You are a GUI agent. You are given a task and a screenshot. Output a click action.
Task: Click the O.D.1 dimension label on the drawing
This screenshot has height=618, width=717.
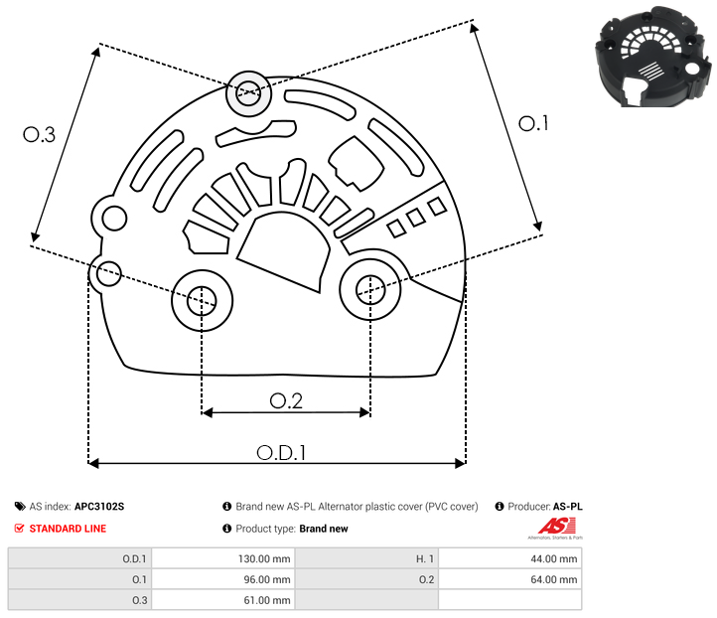(x=281, y=452)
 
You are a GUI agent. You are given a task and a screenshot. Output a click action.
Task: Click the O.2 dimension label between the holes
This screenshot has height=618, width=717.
(x=286, y=400)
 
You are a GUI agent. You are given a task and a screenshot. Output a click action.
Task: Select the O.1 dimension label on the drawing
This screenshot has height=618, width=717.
(x=534, y=123)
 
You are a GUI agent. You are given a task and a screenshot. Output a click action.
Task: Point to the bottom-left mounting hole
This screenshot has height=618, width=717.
(x=202, y=297)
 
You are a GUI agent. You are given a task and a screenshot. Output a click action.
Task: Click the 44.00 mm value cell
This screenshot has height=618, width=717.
(x=509, y=558)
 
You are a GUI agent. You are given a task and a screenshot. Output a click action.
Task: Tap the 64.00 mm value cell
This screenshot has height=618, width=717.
(x=509, y=579)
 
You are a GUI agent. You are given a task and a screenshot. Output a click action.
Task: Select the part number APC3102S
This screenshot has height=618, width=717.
(x=99, y=507)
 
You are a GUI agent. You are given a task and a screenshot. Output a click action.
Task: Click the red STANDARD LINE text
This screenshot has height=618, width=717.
(x=68, y=529)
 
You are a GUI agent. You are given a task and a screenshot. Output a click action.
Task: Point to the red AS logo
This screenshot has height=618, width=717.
(x=549, y=527)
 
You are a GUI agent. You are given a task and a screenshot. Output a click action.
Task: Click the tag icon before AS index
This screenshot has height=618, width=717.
(x=20, y=507)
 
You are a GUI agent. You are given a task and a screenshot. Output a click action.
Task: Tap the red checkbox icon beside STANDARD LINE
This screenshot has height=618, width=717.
(x=20, y=529)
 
